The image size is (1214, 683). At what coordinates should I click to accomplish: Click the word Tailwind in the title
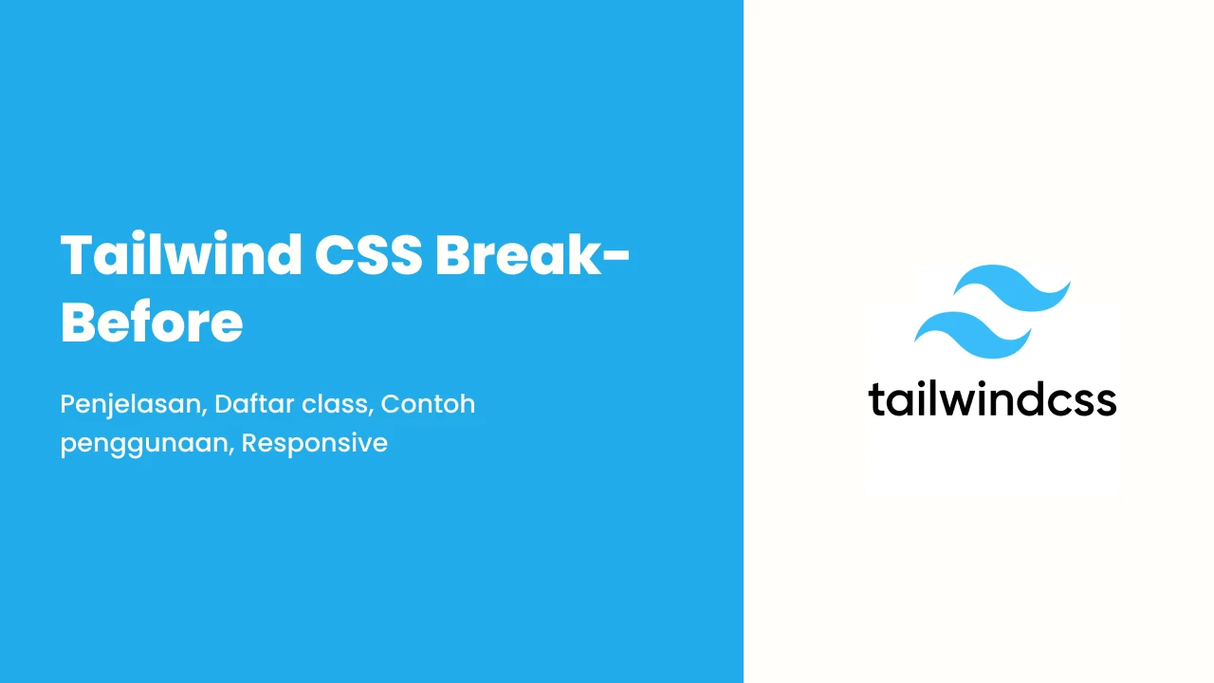[181, 254]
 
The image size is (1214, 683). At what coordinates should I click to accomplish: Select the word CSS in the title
[369, 255]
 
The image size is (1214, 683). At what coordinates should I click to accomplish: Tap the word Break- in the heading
[533, 254]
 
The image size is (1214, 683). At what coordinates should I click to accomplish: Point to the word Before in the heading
[152, 322]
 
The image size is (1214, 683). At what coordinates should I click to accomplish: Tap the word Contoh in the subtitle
[428, 404]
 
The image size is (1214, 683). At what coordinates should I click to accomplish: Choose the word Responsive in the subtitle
[315, 443]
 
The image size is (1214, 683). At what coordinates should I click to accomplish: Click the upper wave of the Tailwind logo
[1011, 287]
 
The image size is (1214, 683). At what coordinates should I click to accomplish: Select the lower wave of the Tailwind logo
[972, 335]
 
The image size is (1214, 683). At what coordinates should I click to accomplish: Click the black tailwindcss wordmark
[992, 399]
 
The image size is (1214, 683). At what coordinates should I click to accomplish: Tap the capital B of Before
[80, 322]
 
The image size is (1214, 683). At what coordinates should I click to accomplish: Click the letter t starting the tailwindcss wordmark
[875, 399]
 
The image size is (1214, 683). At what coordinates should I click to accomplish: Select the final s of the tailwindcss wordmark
[1105, 403]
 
